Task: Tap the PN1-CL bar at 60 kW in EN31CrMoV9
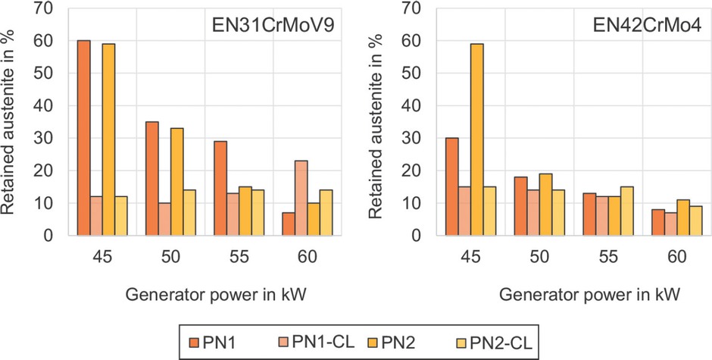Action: tap(301, 198)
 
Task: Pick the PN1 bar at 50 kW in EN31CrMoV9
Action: tap(151, 179)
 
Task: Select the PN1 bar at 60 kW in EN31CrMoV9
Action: tap(287, 224)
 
